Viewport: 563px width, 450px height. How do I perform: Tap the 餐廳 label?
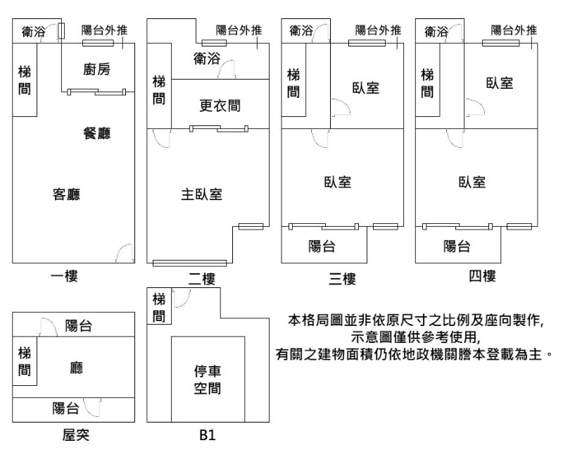tap(96, 133)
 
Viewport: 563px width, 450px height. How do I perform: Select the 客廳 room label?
tap(66, 194)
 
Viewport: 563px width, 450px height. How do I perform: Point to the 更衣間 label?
tap(220, 106)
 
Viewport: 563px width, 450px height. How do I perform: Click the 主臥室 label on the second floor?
tap(202, 194)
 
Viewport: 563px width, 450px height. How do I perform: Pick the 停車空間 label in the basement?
tap(208, 380)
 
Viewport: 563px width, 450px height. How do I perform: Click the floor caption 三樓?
tap(341, 279)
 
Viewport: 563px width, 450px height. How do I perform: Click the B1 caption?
tap(206, 437)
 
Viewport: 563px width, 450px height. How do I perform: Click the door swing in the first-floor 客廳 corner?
tap(125, 252)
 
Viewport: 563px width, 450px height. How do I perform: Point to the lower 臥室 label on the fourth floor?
tap(472, 181)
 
